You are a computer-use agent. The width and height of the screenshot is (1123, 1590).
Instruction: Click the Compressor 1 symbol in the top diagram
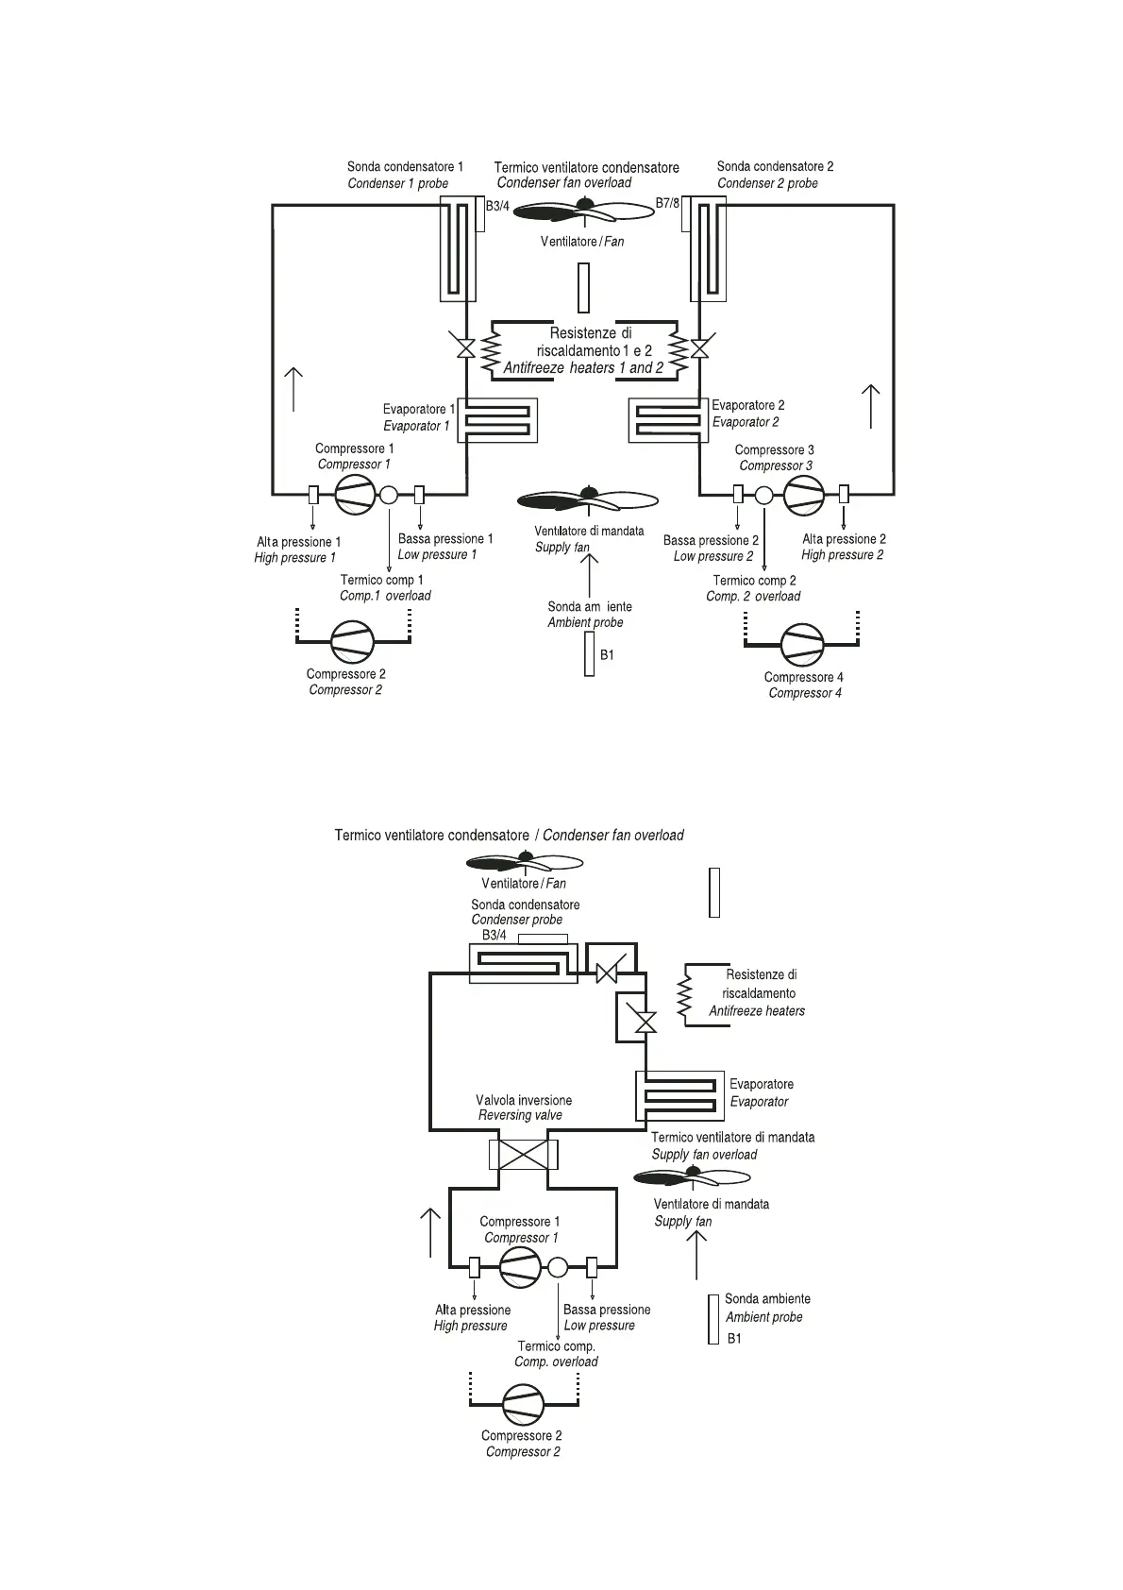355,494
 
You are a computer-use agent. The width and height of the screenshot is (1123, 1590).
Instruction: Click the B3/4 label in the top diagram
497,205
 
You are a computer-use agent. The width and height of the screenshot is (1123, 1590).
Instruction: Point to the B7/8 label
667,204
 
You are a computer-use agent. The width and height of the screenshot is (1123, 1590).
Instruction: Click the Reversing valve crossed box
524,1154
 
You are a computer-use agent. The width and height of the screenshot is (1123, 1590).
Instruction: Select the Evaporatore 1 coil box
496,420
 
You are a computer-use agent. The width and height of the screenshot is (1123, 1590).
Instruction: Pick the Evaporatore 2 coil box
669,420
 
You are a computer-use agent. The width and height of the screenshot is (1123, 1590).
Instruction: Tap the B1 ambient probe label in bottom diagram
734,1338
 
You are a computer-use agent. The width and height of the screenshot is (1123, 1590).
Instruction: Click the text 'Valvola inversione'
523,1100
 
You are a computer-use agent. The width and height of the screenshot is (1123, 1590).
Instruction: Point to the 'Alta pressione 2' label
844,539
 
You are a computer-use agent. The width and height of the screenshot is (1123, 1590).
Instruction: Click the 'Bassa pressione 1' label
445,538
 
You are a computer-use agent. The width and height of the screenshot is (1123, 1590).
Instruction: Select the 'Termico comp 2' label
754,580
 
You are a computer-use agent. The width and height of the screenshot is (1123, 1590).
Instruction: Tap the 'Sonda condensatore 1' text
405,166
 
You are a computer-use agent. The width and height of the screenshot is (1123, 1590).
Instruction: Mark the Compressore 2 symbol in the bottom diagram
524,1405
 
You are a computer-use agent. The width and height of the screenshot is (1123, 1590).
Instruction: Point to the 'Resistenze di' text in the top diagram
591,332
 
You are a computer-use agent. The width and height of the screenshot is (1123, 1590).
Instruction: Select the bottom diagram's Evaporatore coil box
679,1096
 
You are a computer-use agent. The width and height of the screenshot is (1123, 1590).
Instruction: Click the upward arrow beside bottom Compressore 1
430,1232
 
